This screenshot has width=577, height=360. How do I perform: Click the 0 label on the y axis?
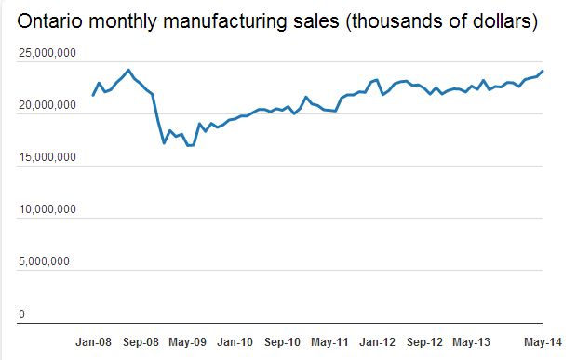pyautogui.click(x=22, y=313)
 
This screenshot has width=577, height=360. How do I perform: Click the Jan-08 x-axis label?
pyautogui.click(x=93, y=341)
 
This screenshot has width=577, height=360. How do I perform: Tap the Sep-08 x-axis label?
pyautogui.click(x=141, y=341)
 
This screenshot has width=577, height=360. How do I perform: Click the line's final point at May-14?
pyautogui.click(x=543, y=72)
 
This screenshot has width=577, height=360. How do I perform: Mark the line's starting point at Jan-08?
pyautogui.click(x=93, y=95)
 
